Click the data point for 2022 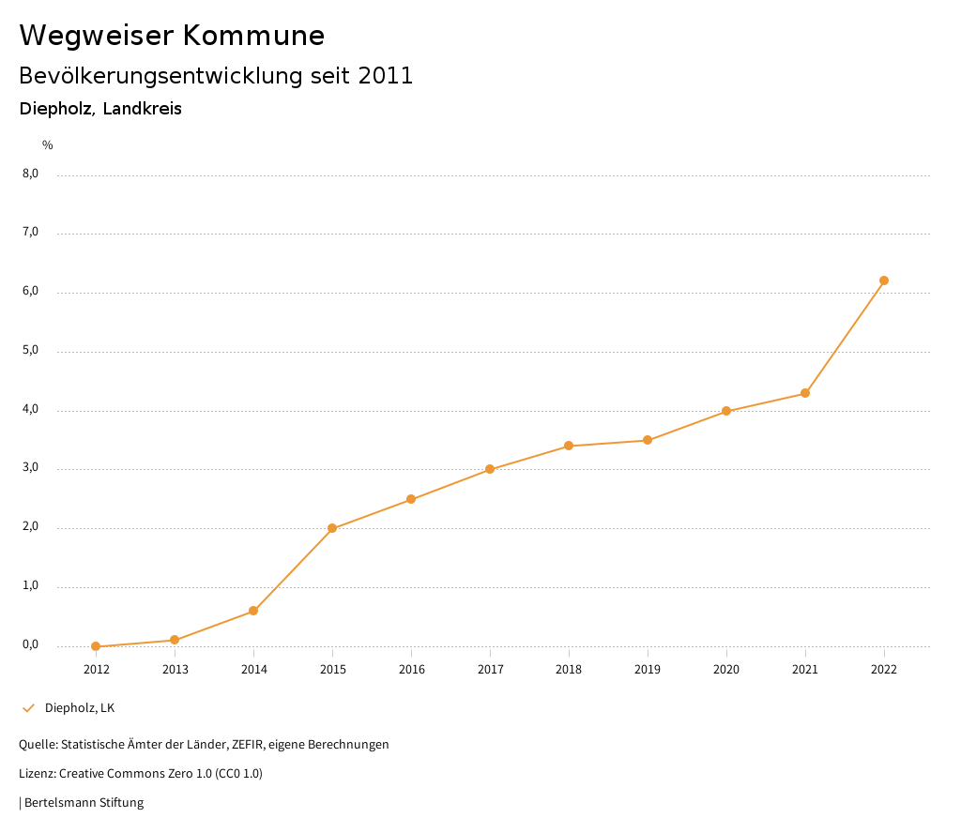tap(884, 280)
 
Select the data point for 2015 tap(332, 528)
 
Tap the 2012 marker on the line tap(96, 646)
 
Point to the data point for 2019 tap(648, 440)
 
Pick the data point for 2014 tap(253, 611)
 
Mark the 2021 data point tap(805, 393)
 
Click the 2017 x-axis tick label tap(490, 669)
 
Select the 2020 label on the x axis tap(726, 669)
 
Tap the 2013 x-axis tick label tap(175, 669)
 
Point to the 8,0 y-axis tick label tap(30, 174)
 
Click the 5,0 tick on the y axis tap(30, 350)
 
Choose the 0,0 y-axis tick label tap(30, 644)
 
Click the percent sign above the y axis tap(48, 145)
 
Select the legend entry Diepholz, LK tap(80, 707)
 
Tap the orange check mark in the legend tap(28, 707)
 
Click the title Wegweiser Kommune tap(172, 35)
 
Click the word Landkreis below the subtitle tap(142, 109)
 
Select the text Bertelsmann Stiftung tap(84, 802)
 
